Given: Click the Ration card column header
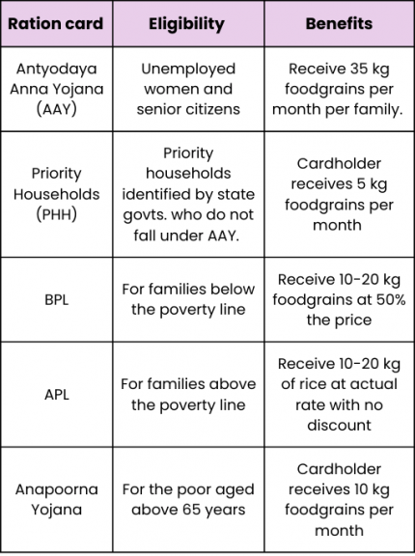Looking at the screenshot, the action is [57, 24].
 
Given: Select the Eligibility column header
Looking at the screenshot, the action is [186, 24].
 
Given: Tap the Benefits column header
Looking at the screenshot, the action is [339, 24].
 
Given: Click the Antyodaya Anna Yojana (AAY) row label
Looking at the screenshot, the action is [57, 90].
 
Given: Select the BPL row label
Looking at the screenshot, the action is [57, 299].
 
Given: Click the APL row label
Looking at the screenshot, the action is [57, 394].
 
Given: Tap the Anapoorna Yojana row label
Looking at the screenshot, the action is [57, 499].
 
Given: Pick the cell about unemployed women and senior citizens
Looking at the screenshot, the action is [186, 90].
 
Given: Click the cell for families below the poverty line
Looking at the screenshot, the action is [187, 299].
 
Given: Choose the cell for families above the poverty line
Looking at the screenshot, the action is [187, 394].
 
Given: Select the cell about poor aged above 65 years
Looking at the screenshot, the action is [187, 499].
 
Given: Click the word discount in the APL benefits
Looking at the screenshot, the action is [339, 425].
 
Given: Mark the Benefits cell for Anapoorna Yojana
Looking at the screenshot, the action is [339, 499].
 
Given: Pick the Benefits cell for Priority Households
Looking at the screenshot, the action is [339, 194].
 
